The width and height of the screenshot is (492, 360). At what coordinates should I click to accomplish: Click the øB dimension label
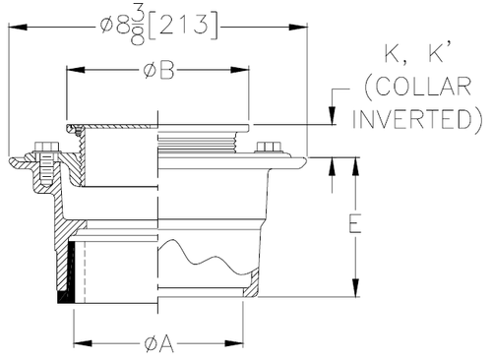pyautogui.click(x=158, y=70)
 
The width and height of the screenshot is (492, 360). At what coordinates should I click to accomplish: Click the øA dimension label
pyautogui.click(x=158, y=344)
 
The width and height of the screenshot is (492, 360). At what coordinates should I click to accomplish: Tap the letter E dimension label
pyautogui.click(x=354, y=223)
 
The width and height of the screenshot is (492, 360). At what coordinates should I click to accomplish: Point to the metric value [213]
pyautogui.click(x=183, y=26)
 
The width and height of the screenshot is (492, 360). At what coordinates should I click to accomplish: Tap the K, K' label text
pyautogui.click(x=414, y=53)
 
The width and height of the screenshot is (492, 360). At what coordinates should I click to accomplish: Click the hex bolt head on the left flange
pyautogui.click(x=45, y=147)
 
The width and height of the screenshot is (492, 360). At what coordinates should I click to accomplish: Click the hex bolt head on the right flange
pyautogui.click(x=268, y=147)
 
